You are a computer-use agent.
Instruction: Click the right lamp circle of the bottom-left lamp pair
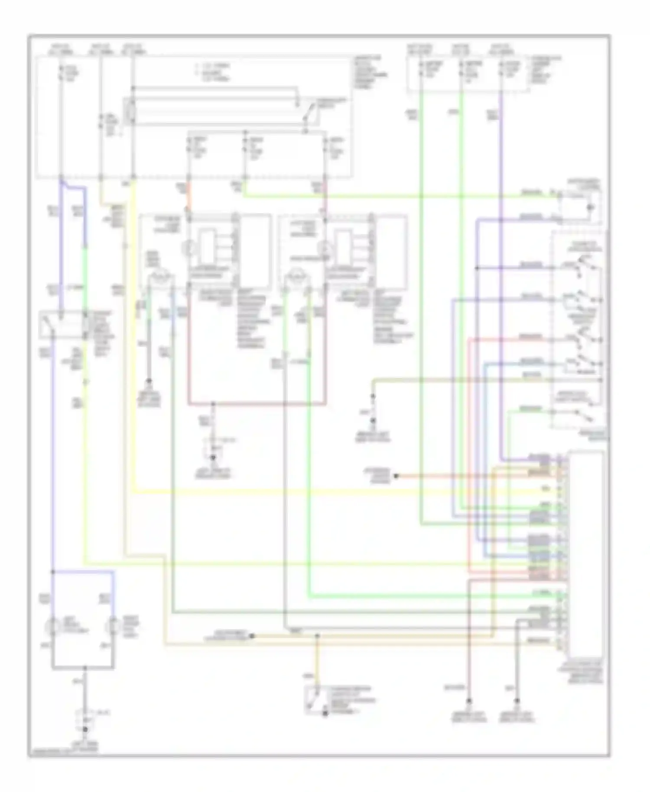[114, 625]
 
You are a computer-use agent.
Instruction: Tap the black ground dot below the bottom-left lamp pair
[84, 730]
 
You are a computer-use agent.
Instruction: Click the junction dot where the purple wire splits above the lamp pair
[53, 571]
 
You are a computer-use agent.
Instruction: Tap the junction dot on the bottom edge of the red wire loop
[213, 404]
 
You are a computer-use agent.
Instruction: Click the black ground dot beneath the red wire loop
[213, 458]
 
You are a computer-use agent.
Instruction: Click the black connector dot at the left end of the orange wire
[396, 476]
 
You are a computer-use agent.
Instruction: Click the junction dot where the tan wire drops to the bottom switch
[317, 636]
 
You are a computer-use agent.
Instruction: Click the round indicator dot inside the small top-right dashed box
[589, 207]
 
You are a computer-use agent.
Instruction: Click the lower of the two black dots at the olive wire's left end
[373, 420]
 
